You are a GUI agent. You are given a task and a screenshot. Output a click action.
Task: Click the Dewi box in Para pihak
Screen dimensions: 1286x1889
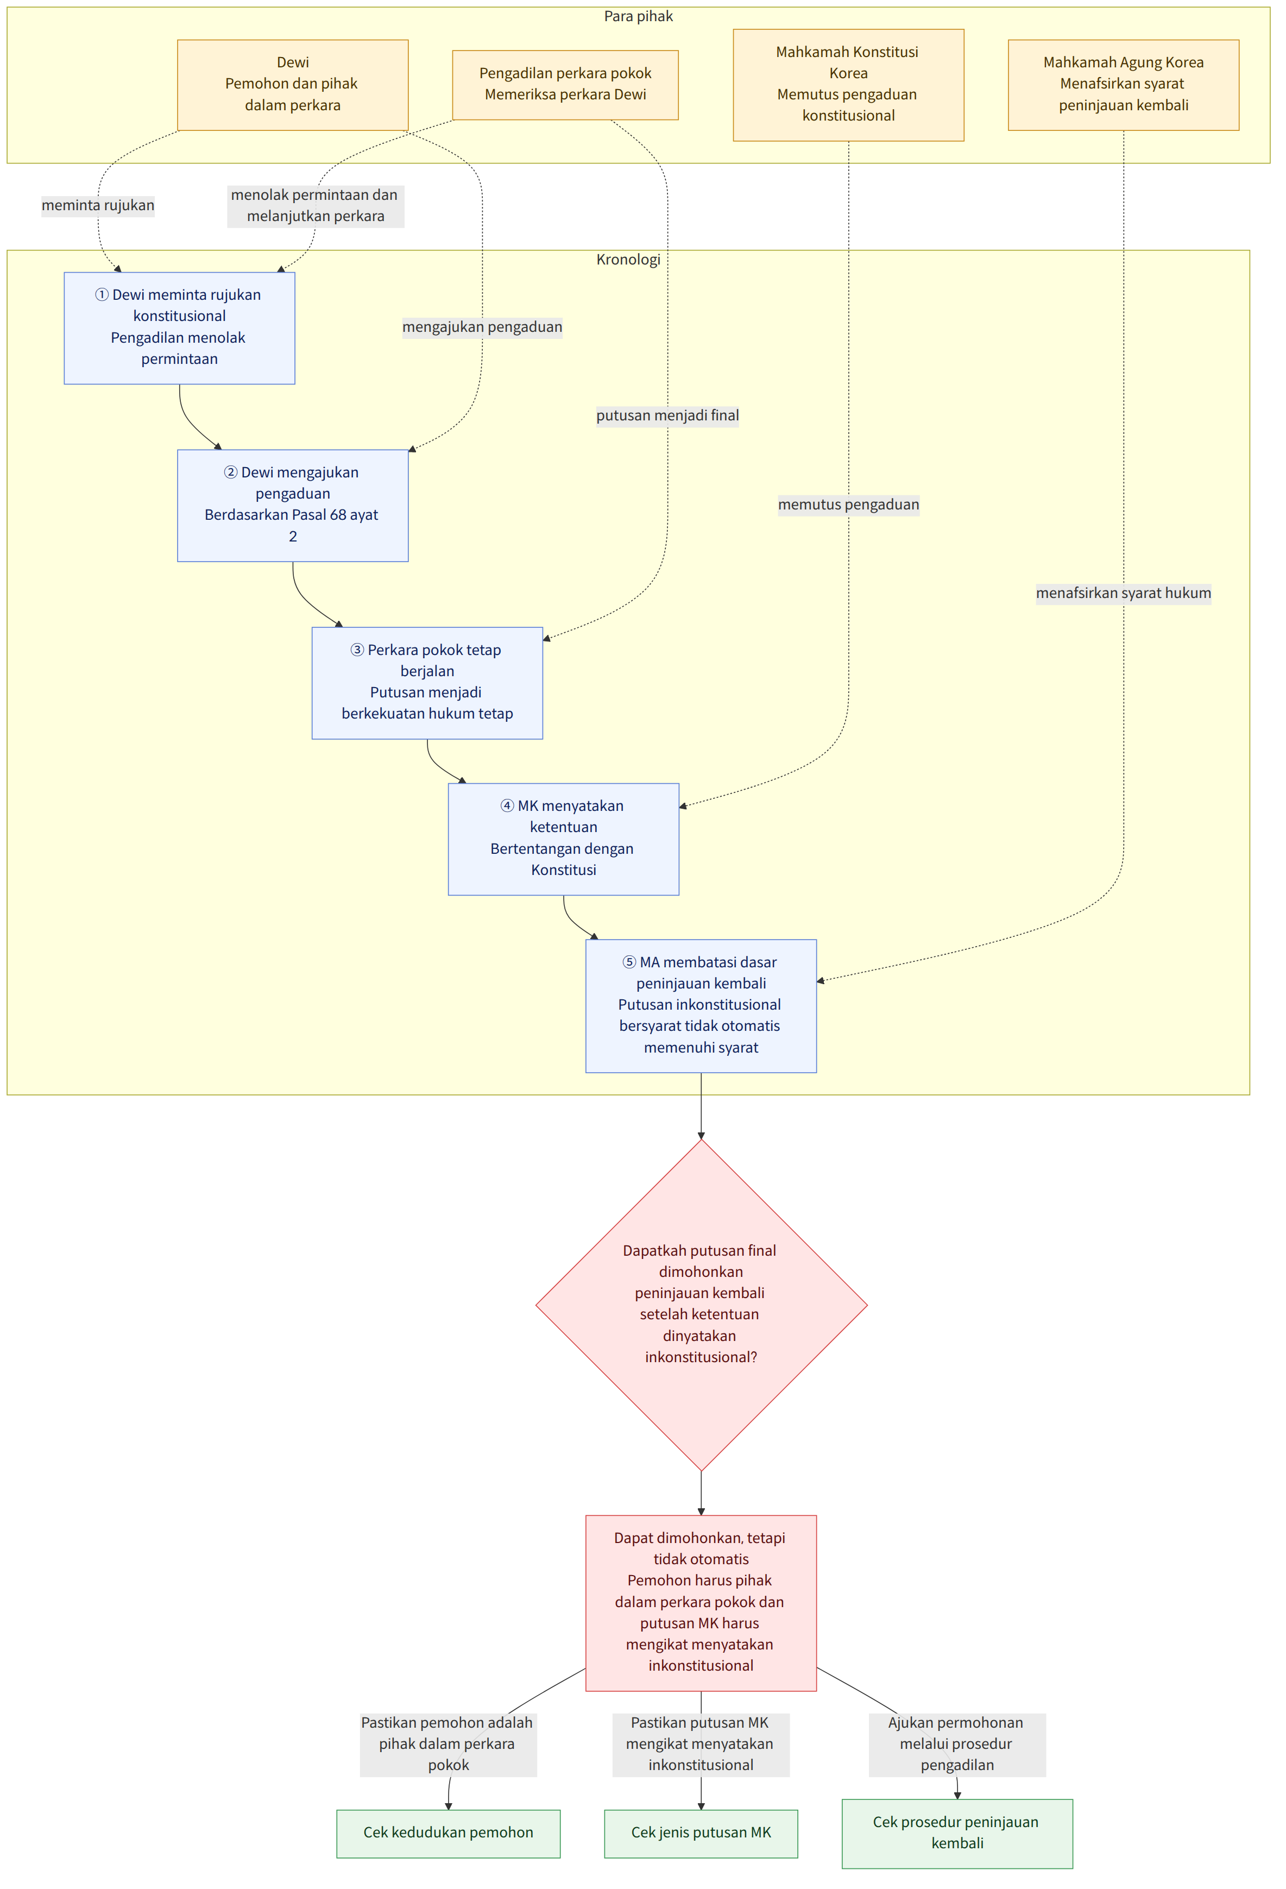pos(293,85)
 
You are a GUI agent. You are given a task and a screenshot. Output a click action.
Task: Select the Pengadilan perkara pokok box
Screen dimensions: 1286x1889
pos(565,85)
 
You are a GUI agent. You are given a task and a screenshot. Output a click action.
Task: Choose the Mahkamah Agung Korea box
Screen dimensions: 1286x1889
pos(1124,85)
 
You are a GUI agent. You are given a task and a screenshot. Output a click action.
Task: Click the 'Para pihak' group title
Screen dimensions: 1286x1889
pos(638,16)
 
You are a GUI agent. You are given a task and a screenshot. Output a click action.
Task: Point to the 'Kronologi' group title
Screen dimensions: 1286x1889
pos(628,259)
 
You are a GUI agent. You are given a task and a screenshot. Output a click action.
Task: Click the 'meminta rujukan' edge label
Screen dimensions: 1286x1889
pos(98,205)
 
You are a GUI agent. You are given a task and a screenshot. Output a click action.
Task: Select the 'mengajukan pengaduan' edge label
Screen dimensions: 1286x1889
pos(482,327)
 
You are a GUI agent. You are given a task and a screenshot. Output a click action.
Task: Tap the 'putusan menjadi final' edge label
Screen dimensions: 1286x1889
pos(667,415)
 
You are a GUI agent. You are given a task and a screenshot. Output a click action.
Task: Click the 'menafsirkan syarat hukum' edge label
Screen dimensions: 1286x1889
pos(1124,593)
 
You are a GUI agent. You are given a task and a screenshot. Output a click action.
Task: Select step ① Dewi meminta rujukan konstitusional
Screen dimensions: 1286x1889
pos(180,328)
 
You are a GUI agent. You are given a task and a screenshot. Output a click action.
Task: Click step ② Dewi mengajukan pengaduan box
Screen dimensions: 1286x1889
pos(293,506)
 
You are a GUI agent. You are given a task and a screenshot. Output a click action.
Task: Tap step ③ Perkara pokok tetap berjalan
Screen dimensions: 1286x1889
pos(427,683)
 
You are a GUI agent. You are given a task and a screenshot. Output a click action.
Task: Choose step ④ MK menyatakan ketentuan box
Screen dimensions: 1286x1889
pos(563,839)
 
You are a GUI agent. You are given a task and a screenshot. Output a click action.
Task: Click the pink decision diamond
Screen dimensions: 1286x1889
pos(701,1305)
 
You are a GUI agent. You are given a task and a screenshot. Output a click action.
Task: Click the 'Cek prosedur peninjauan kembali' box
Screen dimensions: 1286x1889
pos(957,1833)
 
